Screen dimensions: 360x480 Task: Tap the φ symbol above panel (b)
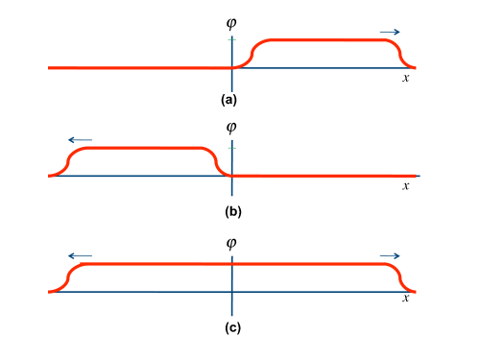point(230,127)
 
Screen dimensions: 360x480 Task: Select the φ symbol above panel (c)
point(230,244)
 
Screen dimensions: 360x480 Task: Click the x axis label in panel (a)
point(406,78)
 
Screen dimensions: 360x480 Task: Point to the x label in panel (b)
point(406,184)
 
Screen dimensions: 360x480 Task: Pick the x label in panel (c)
point(406,300)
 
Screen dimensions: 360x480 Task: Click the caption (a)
point(230,99)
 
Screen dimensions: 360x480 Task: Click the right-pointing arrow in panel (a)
point(389,33)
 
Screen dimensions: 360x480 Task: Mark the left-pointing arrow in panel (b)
point(80,139)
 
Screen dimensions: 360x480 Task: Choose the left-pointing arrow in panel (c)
point(80,255)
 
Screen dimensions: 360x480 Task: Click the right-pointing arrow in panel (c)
point(389,255)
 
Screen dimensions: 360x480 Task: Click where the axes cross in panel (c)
point(232,292)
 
